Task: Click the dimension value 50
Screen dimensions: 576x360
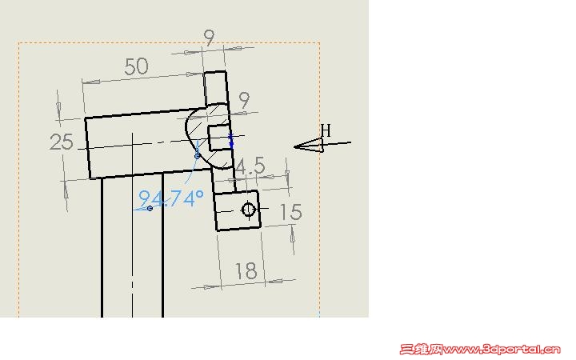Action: [136, 66]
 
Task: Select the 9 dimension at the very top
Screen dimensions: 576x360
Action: [209, 37]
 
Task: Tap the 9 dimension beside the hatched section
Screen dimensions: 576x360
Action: [244, 100]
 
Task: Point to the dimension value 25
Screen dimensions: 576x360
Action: [62, 142]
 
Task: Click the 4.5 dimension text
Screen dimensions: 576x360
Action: [250, 166]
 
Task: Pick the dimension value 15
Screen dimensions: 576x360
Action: [290, 212]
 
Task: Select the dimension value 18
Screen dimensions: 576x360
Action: [246, 271]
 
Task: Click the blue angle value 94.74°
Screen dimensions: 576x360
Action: [171, 198]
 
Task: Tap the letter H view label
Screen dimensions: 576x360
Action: [326, 130]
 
